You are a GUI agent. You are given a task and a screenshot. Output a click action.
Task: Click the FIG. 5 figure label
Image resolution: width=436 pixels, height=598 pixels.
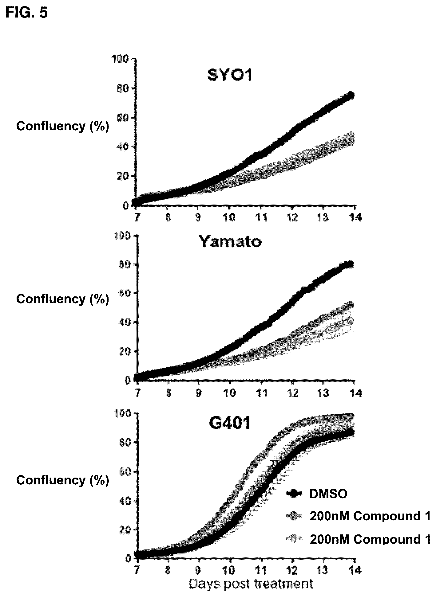click(27, 13)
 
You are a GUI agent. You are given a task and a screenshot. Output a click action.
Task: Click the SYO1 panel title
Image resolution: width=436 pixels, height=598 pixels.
click(230, 75)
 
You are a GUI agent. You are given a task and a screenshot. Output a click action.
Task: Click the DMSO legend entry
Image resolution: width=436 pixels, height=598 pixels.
click(328, 494)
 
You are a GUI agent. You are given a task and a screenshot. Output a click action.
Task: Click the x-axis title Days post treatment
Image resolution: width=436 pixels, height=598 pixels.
click(250, 584)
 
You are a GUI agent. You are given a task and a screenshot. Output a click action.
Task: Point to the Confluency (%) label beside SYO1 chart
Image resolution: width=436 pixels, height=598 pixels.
click(63, 126)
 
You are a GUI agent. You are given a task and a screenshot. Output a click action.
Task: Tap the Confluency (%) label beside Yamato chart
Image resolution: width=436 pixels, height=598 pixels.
click(63, 299)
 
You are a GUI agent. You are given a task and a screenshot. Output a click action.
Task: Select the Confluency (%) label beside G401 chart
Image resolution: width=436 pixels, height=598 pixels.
click(63, 480)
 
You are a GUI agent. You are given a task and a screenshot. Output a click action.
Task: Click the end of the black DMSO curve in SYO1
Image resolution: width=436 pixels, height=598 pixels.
click(351, 95)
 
